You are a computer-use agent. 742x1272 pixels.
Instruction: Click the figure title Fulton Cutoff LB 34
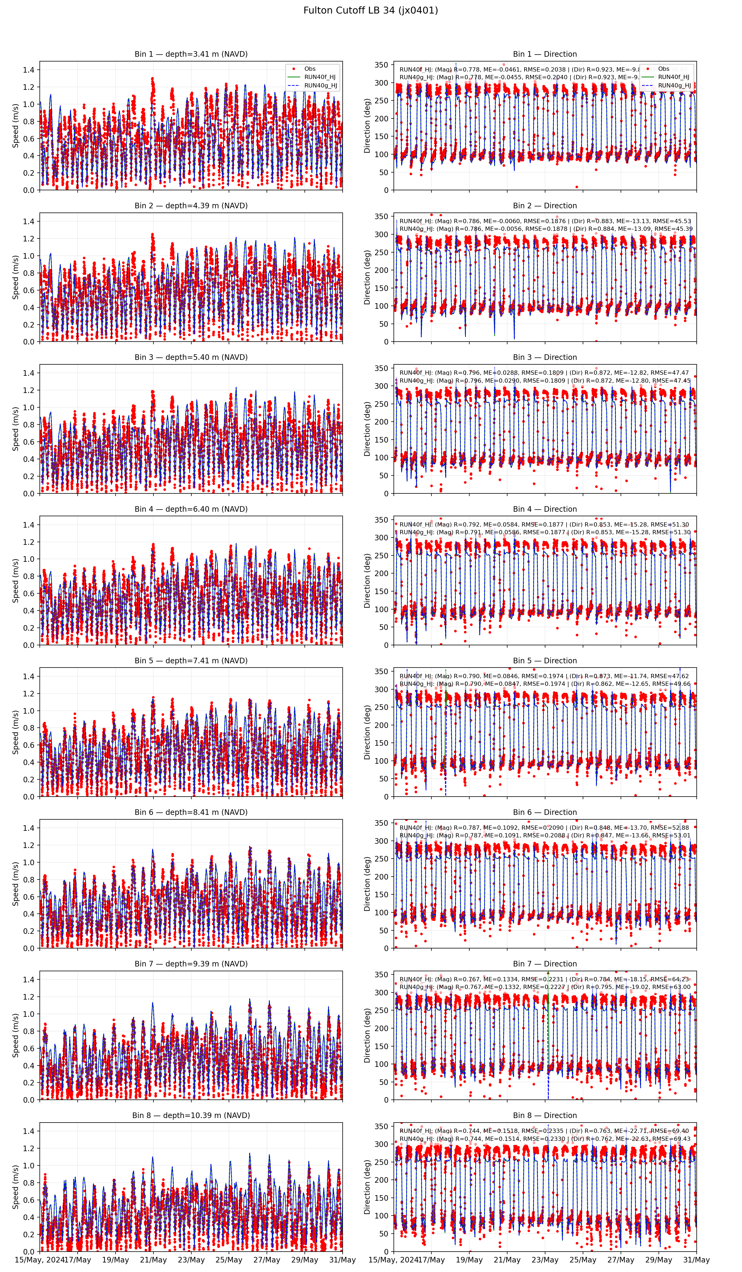point(370,10)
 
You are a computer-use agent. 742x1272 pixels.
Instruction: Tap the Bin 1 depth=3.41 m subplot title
point(191,54)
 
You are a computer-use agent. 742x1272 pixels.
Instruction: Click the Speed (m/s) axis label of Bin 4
point(16,580)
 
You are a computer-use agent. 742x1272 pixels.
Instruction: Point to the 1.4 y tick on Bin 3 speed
point(28,373)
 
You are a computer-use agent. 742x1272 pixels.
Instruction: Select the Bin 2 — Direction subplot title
point(545,205)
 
